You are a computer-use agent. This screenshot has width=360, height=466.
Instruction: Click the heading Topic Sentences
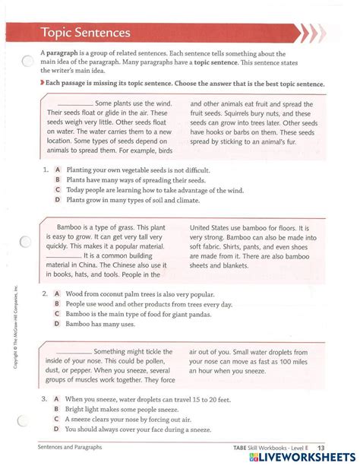point(85,33)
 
